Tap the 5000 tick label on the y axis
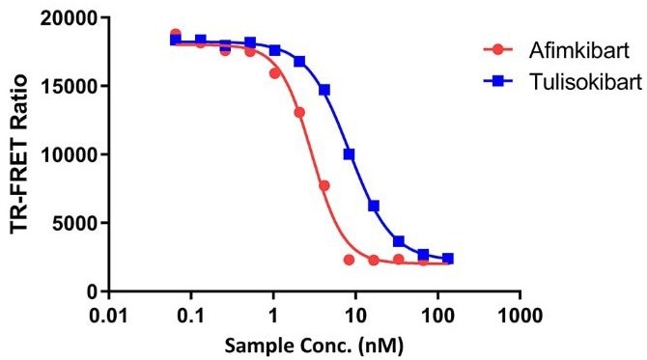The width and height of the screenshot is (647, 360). (x=77, y=223)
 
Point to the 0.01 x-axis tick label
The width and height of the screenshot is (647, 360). (x=108, y=316)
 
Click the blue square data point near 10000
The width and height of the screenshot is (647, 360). (x=349, y=154)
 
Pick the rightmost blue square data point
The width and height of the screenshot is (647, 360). (x=448, y=259)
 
